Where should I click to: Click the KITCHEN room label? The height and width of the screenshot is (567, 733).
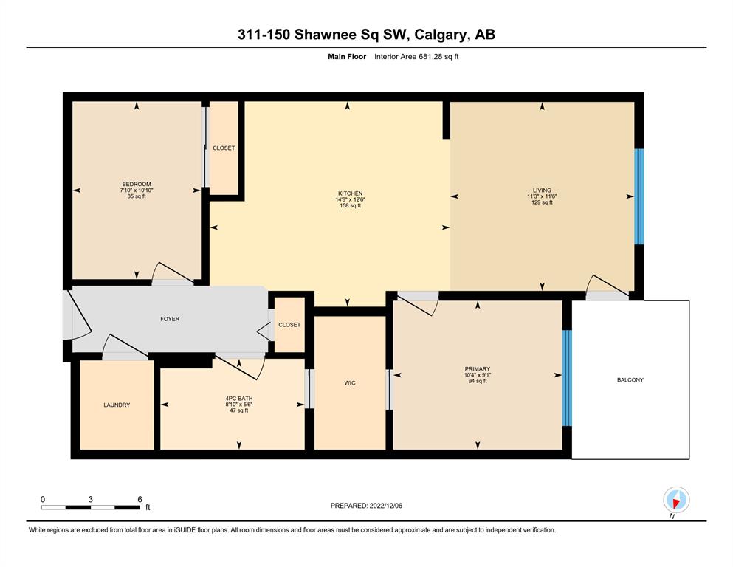[350, 193]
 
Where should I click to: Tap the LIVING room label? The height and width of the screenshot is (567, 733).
[542, 190]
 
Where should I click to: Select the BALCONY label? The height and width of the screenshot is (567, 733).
[630, 380]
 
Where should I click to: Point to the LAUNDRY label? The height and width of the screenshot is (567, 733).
[117, 405]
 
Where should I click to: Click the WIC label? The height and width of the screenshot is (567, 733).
[350, 383]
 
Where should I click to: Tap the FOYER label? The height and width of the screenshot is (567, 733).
[170, 319]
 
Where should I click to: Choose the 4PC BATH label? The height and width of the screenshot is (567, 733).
[239, 399]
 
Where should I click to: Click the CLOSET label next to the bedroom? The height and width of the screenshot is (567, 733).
[224, 148]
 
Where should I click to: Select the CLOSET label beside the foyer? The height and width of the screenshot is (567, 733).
[289, 324]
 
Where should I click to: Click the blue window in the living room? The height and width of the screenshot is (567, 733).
[639, 196]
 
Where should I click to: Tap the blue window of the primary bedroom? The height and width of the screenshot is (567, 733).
[567, 378]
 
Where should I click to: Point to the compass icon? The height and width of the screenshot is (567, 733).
[676, 500]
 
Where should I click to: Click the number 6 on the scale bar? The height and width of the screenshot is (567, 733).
[140, 499]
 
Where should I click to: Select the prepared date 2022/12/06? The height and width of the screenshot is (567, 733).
[385, 506]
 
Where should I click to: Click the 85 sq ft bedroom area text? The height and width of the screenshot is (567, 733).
[137, 196]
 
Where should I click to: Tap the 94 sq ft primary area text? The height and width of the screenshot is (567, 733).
[478, 381]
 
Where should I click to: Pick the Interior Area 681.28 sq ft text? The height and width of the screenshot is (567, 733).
[416, 57]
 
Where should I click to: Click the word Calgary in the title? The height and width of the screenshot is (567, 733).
[440, 35]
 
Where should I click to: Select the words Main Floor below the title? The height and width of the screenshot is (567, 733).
[347, 57]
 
